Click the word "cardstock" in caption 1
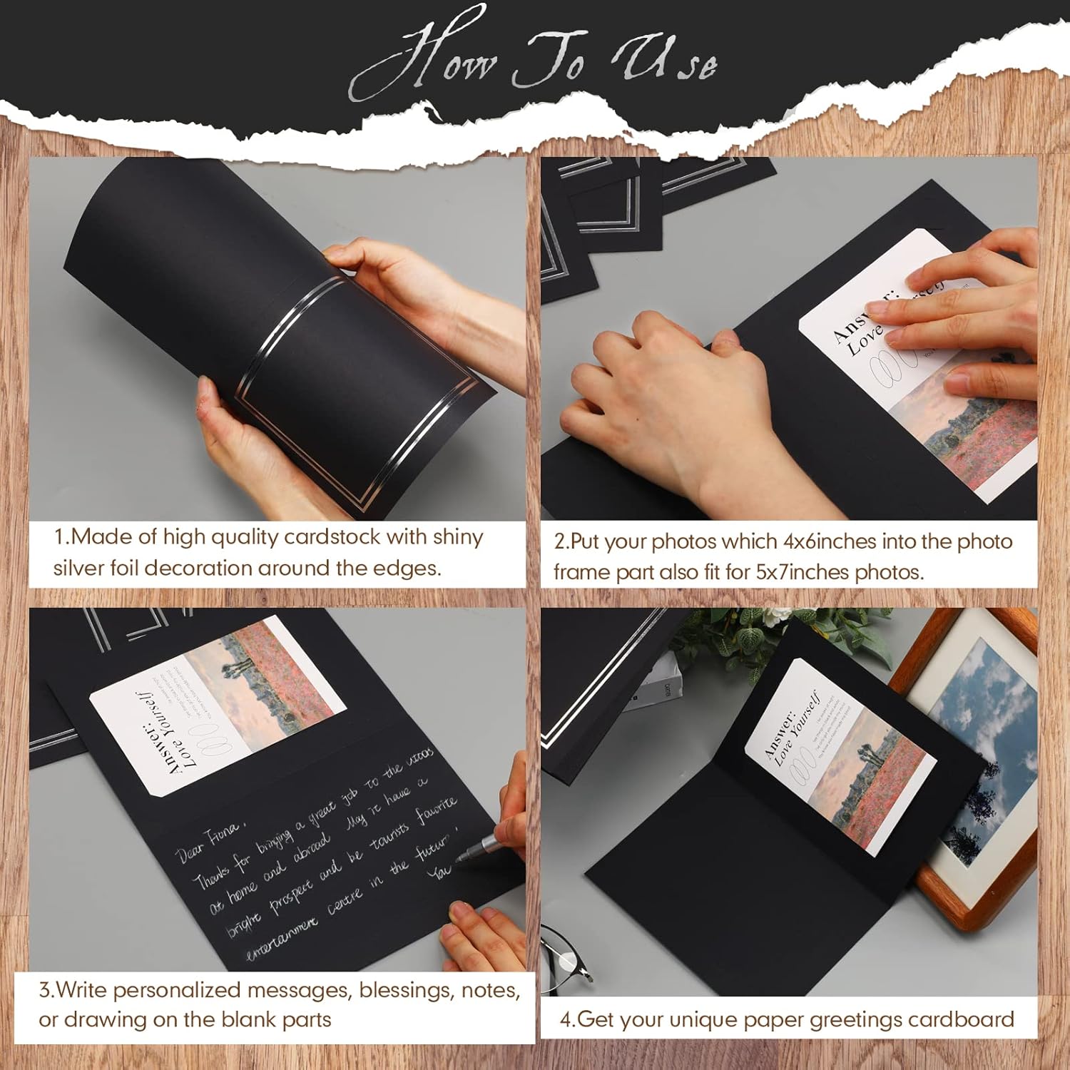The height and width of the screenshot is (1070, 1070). (x=332, y=536)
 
